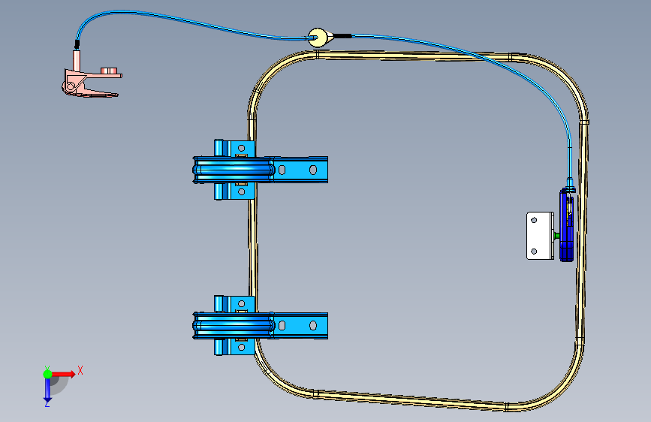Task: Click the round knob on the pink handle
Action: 110,71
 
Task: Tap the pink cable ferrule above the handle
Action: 77,58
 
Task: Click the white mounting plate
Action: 540,236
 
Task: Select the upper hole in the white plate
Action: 534,222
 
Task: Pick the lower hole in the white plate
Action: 534,251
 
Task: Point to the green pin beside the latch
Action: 556,236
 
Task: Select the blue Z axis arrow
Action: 47,390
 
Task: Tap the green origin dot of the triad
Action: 47,372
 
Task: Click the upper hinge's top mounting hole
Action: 241,149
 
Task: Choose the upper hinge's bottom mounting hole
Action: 242,191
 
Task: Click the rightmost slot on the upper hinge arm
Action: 312,170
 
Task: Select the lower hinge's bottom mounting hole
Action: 242,346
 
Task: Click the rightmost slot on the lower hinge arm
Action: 312,326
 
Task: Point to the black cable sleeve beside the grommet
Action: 342,35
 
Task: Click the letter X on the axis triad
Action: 80,370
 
